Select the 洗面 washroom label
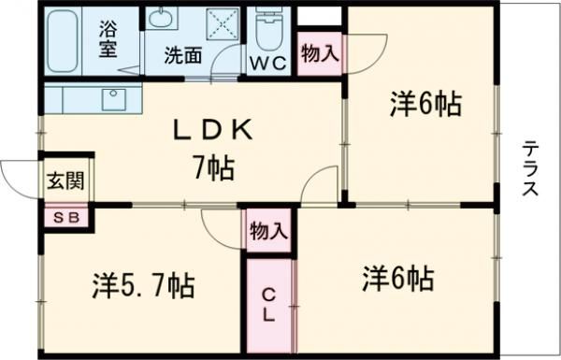pos(182,55)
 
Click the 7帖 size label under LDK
pos(213,168)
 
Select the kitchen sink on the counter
pos(116,97)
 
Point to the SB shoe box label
pos(66,218)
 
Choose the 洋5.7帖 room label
pos(142,284)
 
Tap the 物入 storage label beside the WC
pos(319,55)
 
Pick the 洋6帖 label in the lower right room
pos(397,278)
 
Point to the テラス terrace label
pos(530,168)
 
